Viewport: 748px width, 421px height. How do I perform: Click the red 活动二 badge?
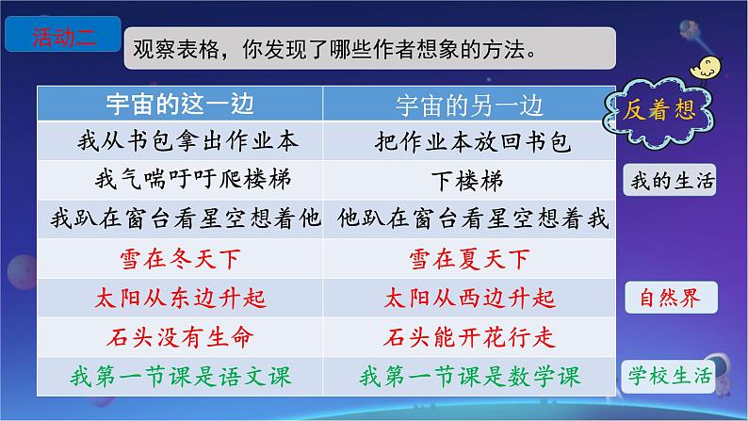click(x=63, y=34)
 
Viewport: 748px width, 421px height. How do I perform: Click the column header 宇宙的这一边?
click(x=180, y=104)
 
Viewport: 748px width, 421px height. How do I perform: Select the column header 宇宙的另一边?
click(x=469, y=105)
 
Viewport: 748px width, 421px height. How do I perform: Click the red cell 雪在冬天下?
click(x=180, y=259)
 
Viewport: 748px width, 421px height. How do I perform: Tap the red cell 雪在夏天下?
click(x=469, y=259)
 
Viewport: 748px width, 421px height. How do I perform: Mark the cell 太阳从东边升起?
click(x=180, y=299)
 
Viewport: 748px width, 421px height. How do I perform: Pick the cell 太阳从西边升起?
click(x=469, y=299)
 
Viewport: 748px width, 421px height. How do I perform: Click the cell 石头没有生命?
click(x=180, y=337)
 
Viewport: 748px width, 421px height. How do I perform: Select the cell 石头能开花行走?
click(x=469, y=337)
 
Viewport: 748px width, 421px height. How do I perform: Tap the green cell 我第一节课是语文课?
click(x=180, y=376)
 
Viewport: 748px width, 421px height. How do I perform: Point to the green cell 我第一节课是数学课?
click(x=470, y=376)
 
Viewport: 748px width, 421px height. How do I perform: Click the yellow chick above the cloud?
click(x=705, y=68)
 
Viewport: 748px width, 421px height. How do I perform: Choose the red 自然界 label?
click(x=671, y=298)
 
